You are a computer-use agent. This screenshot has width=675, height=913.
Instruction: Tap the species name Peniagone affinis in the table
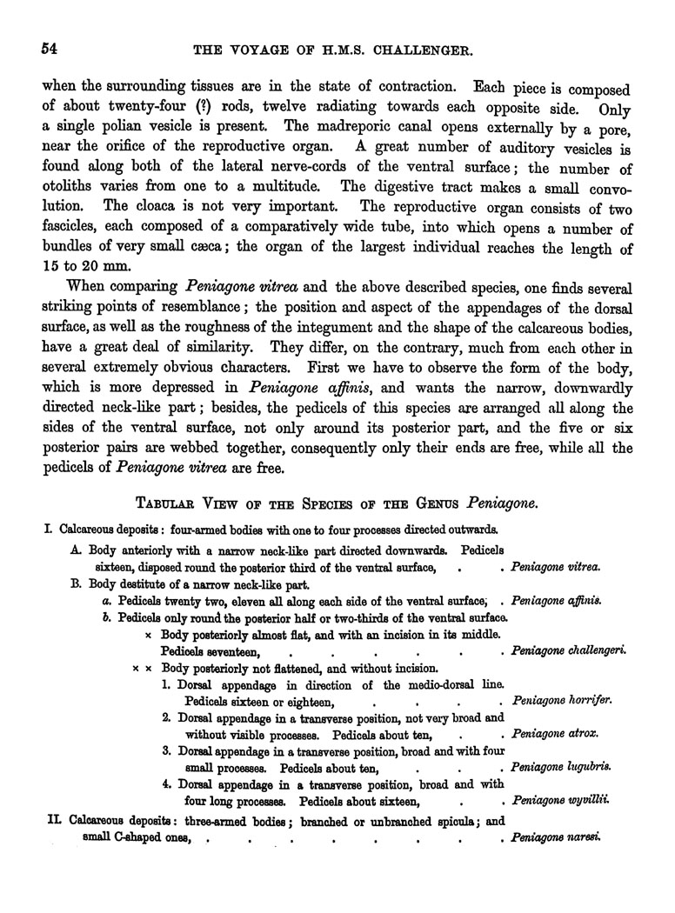[x=558, y=600]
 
